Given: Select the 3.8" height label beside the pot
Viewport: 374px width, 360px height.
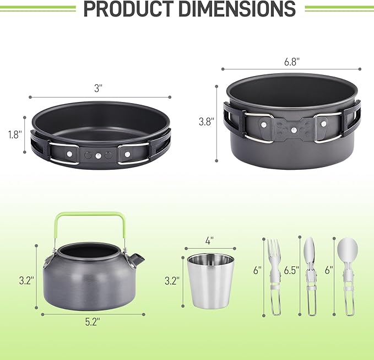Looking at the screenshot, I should (x=206, y=122).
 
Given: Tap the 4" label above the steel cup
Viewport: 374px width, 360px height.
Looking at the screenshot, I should (x=210, y=241).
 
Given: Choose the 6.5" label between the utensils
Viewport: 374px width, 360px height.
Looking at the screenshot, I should (x=291, y=270).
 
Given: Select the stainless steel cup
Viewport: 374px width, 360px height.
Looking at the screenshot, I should (x=210, y=281).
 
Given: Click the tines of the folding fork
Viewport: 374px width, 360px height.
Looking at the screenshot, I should (x=274, y=250).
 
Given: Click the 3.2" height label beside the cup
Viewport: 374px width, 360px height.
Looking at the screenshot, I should (x=172, y=281).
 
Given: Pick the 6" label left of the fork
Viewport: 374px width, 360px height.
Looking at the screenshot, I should (x=257, y=270).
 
